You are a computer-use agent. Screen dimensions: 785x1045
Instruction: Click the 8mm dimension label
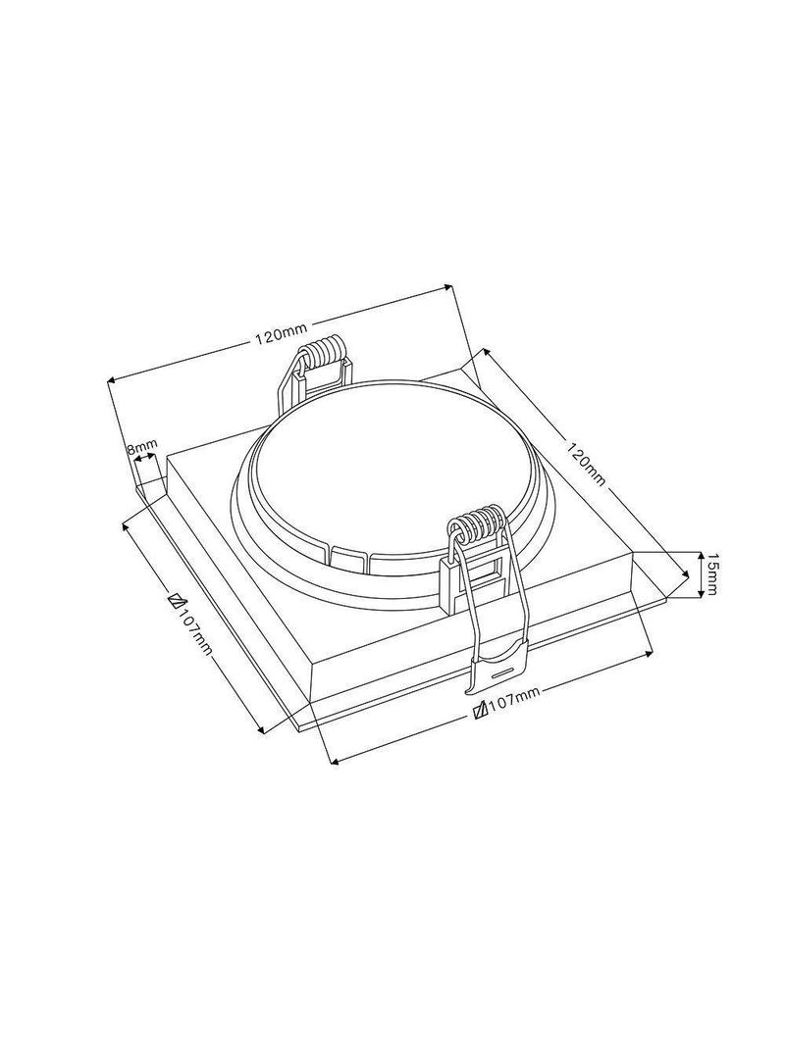(x=141, y=446)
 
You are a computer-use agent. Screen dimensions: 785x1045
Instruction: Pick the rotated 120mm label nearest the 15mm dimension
(x=585, y=463)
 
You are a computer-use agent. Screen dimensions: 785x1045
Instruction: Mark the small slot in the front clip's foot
(x=504, y=671)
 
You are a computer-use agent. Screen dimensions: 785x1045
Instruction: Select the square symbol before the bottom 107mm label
(x=479, y=709)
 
